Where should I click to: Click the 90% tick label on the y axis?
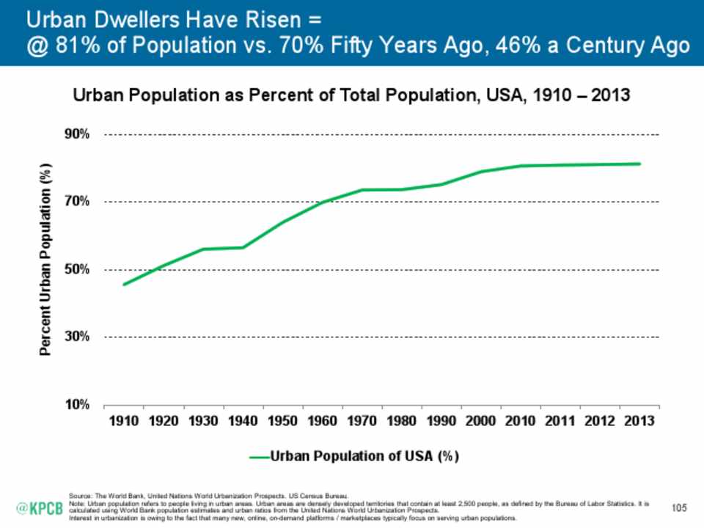(77, 134)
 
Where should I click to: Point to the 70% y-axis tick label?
(77, 202)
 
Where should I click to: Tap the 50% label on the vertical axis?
(77, 269)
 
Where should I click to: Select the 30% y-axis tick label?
(77, 337)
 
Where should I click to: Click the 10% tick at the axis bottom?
(77, 404)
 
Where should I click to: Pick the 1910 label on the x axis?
(123, 423)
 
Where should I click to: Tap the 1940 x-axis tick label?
(242, 423)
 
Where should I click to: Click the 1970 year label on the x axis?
(362, 423)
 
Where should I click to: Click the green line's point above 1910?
(123, 284)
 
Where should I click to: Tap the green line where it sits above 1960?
(322, 202)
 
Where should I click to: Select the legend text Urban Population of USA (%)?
(364, 456)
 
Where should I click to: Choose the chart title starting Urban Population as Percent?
(351, 96)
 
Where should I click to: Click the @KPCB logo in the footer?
(40, 507)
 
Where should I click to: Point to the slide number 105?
(681, 507)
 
